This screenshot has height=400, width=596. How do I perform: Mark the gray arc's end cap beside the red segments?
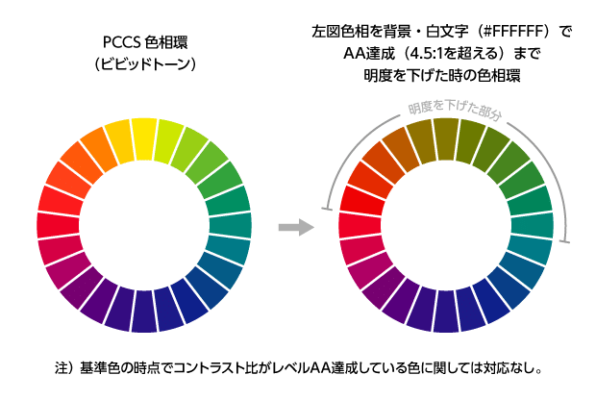tap(329, 208)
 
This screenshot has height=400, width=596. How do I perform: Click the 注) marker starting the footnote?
tap(63, 367)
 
